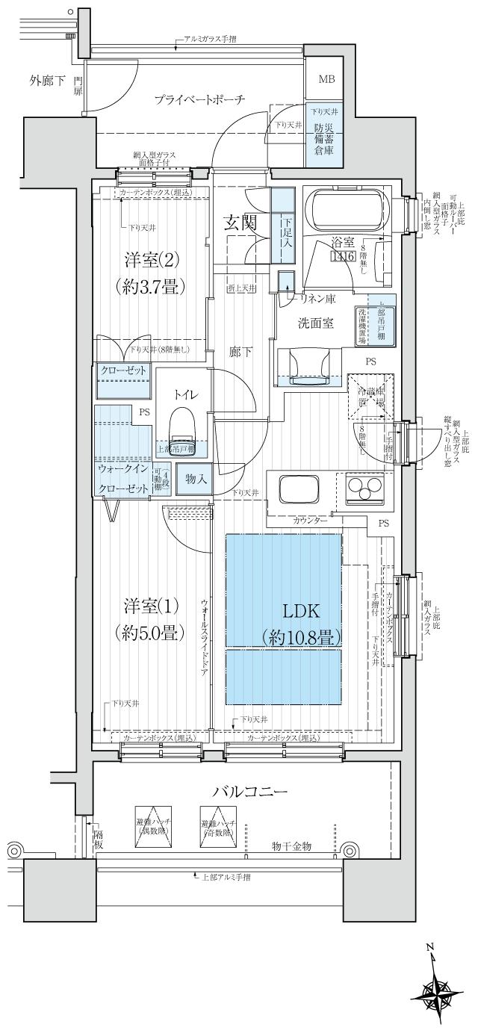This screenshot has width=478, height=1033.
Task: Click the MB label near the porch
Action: point(327,80)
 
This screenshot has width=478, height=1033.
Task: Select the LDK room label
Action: point(301,611)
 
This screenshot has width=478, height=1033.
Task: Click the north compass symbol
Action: point(432,990)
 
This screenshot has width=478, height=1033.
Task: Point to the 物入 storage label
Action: point(196,480)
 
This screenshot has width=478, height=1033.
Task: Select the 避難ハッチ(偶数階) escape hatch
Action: point(153,826)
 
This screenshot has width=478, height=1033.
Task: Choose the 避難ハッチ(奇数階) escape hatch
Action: point(218,826)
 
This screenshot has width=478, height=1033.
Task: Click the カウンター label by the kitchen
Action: point(308,518)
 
